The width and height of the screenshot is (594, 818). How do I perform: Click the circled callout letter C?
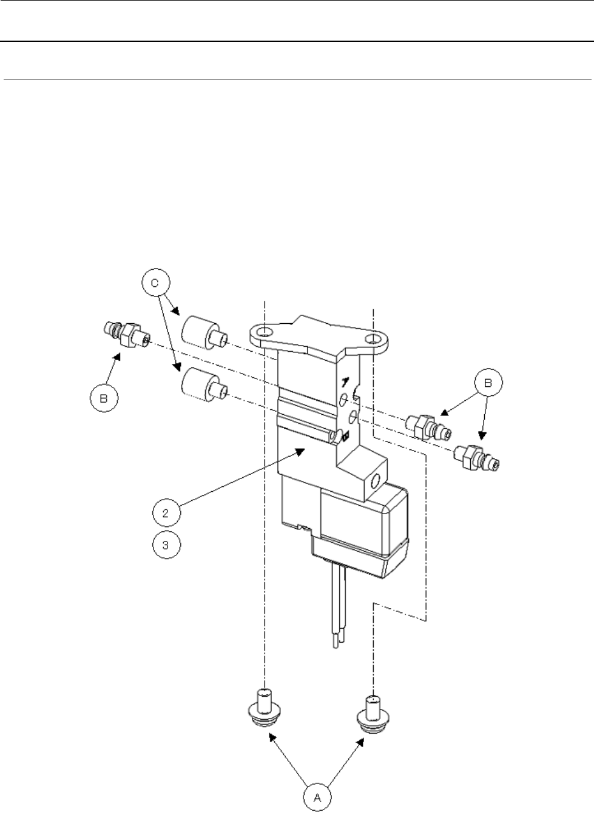(x=156, y=282)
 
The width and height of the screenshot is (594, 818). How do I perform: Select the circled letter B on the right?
(x=488, y=383)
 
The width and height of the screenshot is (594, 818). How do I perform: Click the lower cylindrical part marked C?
(x=203, y=383)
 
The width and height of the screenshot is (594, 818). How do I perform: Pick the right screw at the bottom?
(x=372, y=712)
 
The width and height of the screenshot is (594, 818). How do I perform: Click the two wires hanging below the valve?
(x=337, y=612)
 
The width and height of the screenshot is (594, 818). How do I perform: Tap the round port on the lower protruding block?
(x=375, y=481)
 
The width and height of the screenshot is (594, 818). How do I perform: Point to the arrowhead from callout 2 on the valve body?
(x=301, y=450)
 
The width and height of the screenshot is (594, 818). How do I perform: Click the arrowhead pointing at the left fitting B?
(x=118, y=358)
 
